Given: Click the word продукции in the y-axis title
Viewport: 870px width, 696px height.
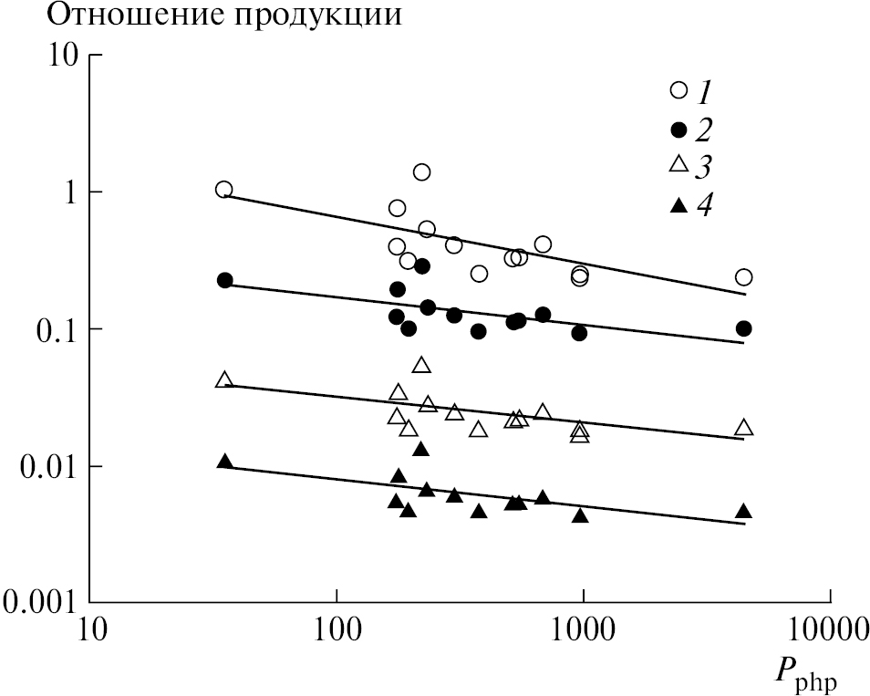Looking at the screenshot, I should pyautogui.click(x=305, y=17).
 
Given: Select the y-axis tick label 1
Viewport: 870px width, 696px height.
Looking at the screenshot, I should pyautogui.click(x=69, y=192).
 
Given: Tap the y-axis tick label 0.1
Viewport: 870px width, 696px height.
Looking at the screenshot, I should pyautogui.click(x=57, y=329).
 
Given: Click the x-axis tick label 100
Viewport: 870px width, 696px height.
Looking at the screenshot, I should pyautogui.click(x=337, y=630).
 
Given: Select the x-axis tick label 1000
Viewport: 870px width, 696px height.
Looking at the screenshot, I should pyautogui.click(x=583, y=630).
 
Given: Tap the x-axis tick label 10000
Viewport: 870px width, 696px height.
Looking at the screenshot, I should pyautogui.click(x=829, y=630).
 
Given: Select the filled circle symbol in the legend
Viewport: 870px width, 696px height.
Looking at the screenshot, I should pyautogui.click(x=678, y=129).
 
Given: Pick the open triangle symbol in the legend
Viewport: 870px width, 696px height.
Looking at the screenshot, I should pyautogui.click(x=678, y=165).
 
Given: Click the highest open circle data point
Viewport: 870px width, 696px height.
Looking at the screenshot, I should pyautogui.click(x=421, y=171).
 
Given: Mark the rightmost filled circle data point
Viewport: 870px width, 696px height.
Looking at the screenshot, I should pyautogui.click(x=743, y=328).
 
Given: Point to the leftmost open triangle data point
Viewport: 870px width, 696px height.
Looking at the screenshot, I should pyautogui.click(x=224, y=379).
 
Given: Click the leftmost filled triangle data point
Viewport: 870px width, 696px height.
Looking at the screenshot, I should pyautogui.click(x=225, y=462).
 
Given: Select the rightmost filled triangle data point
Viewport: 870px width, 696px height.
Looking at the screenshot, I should pyautogui.click(x=743, y=511).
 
